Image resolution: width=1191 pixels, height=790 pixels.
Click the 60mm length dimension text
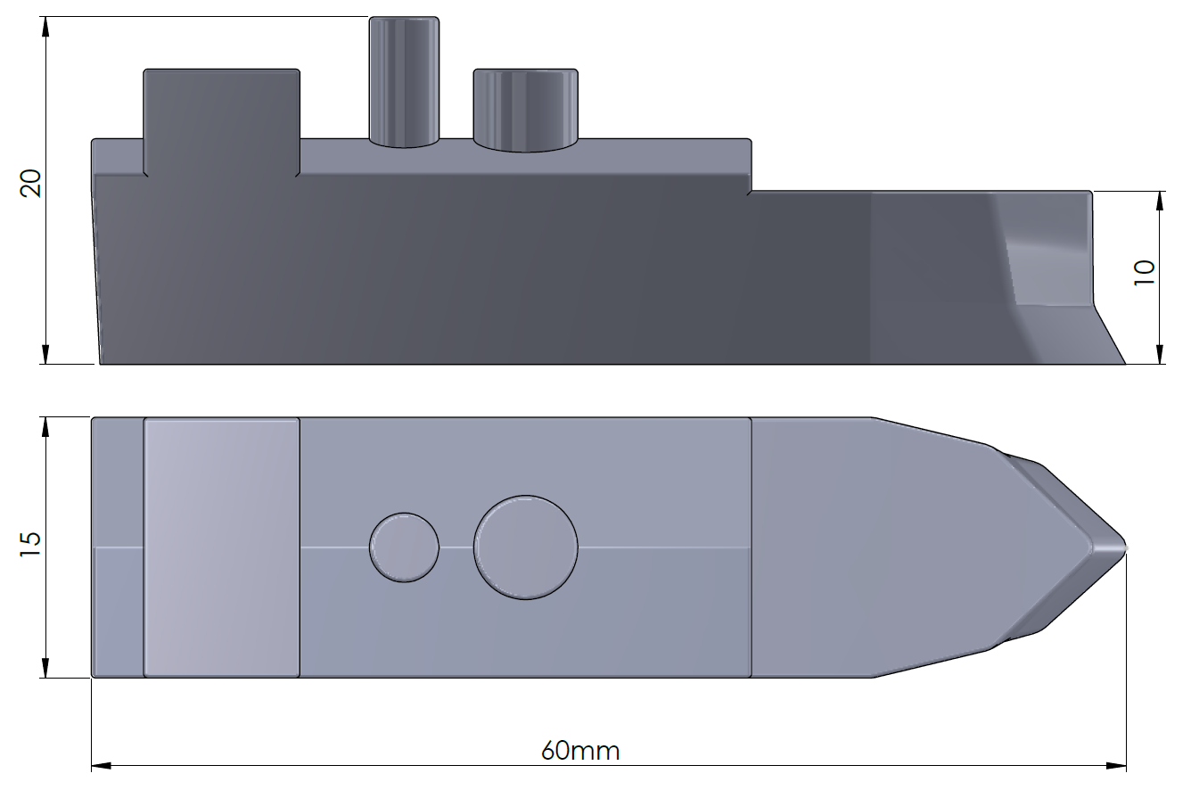(x=580, y=751)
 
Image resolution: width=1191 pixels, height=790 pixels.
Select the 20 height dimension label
(x=32, y=185)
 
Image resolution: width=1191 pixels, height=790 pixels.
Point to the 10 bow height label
(x=1145, y=271)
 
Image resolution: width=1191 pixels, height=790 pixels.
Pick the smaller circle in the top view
(x=404, y=547)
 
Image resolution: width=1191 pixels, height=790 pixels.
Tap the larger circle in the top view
(x=525, y=547)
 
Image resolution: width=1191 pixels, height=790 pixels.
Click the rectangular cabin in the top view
(x=221, y=547)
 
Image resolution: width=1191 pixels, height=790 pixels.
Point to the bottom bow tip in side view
(x=1123, y=362)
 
